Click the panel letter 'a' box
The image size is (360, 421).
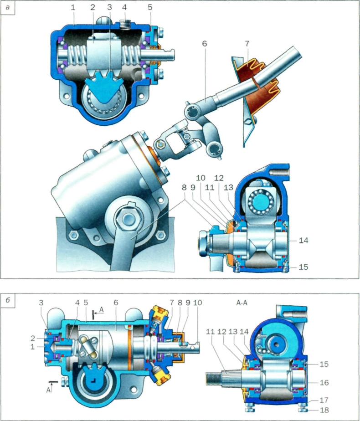tap(7, 7)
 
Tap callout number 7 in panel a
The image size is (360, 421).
tap(247, 43)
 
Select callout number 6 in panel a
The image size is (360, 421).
tap(205, 43)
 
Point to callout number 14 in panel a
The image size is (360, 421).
tap(303, 240)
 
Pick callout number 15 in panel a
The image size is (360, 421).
tap(303, 267)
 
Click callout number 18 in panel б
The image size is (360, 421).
tap(324, 410)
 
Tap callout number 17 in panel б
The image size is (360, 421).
tap(324, 400)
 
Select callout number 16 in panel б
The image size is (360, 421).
tap(324, 382)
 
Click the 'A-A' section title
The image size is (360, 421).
tap(242, 303)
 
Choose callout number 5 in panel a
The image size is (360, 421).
tap(150, 7)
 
